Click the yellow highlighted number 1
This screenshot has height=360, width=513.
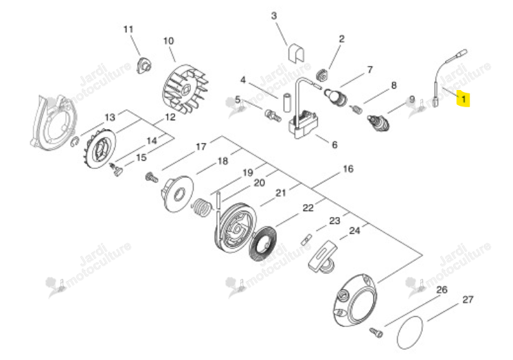464,98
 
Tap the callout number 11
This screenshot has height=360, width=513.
128,30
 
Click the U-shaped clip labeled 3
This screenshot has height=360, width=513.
296,52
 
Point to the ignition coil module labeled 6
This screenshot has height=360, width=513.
303,124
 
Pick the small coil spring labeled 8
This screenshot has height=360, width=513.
356,109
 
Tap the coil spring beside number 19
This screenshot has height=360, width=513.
201,207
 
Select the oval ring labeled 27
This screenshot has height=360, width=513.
410,333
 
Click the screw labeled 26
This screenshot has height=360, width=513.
376,333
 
